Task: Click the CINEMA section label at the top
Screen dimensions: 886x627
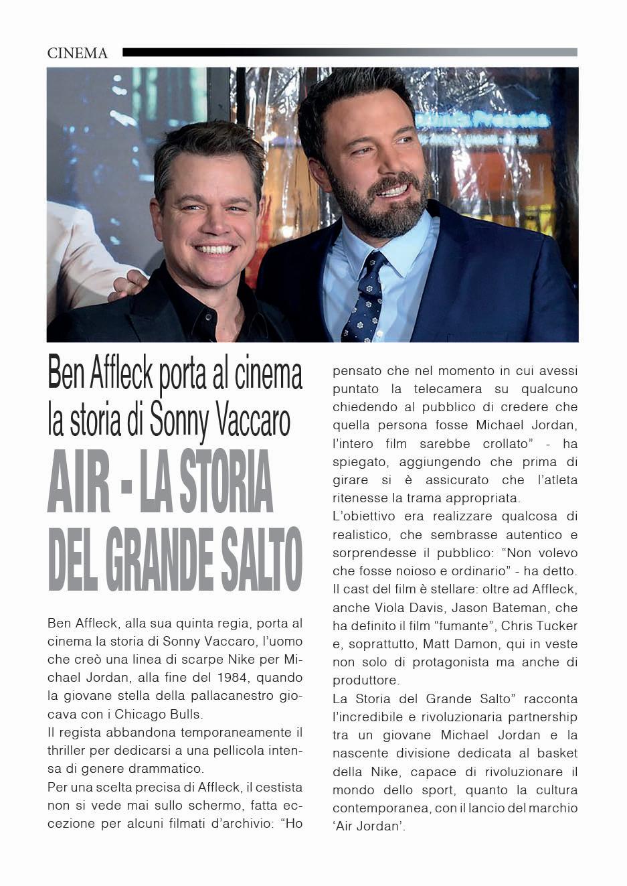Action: tap(78, 54)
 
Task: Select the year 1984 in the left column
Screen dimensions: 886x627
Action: tap(223, 678)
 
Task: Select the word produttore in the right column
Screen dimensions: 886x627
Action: tap(365, 680)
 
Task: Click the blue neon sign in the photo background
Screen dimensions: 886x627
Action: tap(482, 120)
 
